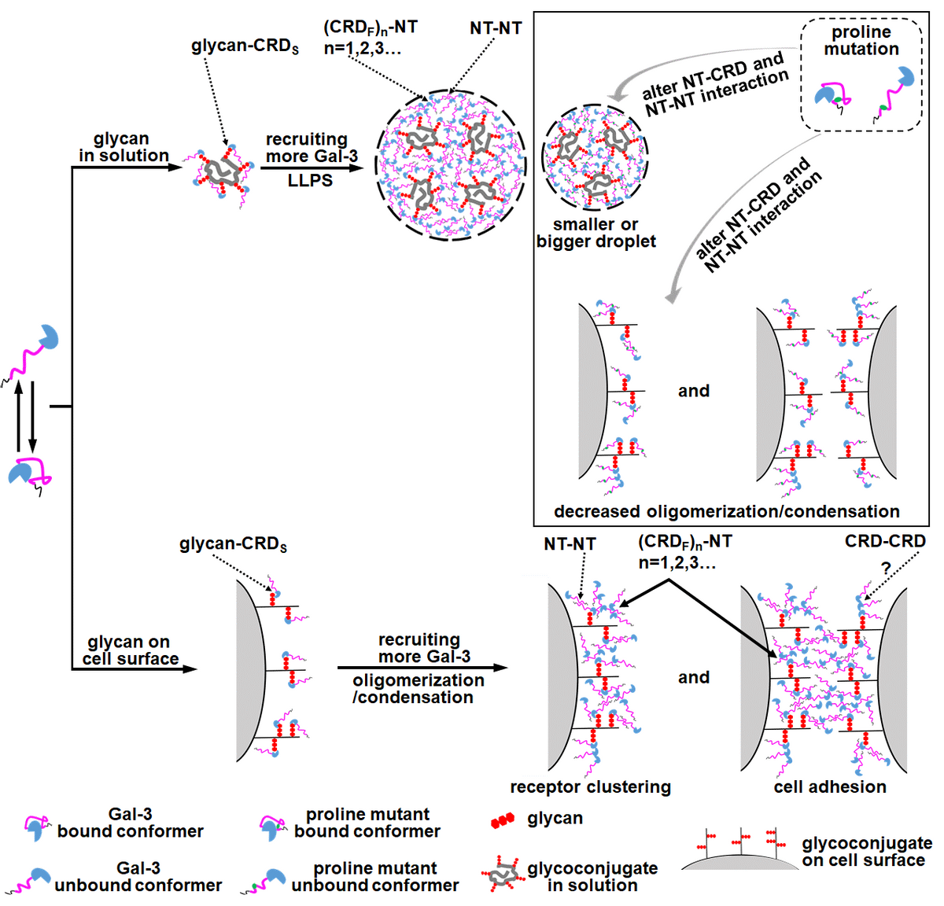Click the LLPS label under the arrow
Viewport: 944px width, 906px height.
(310, 181)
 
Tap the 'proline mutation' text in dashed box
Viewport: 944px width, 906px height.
(861, 41)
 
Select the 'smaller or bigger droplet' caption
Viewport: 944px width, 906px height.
(596, 234)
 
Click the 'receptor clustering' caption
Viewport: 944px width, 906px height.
(590, 787)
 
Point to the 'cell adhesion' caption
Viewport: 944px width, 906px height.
(830, 787)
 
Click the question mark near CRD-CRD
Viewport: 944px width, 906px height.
(886, 568)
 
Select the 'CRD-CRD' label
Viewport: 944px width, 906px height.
(885, 542)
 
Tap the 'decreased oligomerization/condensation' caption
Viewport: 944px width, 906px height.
(726, 512)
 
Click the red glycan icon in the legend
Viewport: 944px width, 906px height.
(502, 821)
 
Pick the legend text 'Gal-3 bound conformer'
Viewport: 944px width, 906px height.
(131, 823)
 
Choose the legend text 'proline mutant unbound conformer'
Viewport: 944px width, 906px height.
(374, 877)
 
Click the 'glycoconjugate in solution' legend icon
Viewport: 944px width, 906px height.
(502, 875)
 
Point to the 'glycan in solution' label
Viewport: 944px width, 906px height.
(123, 148)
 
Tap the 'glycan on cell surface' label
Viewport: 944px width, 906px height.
(130, 651)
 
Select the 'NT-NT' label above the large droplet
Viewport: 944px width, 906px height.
(496, 28)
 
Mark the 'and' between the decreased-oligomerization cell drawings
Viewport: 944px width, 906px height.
(693, 391)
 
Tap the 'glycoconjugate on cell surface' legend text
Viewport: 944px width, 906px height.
(866, 853)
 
